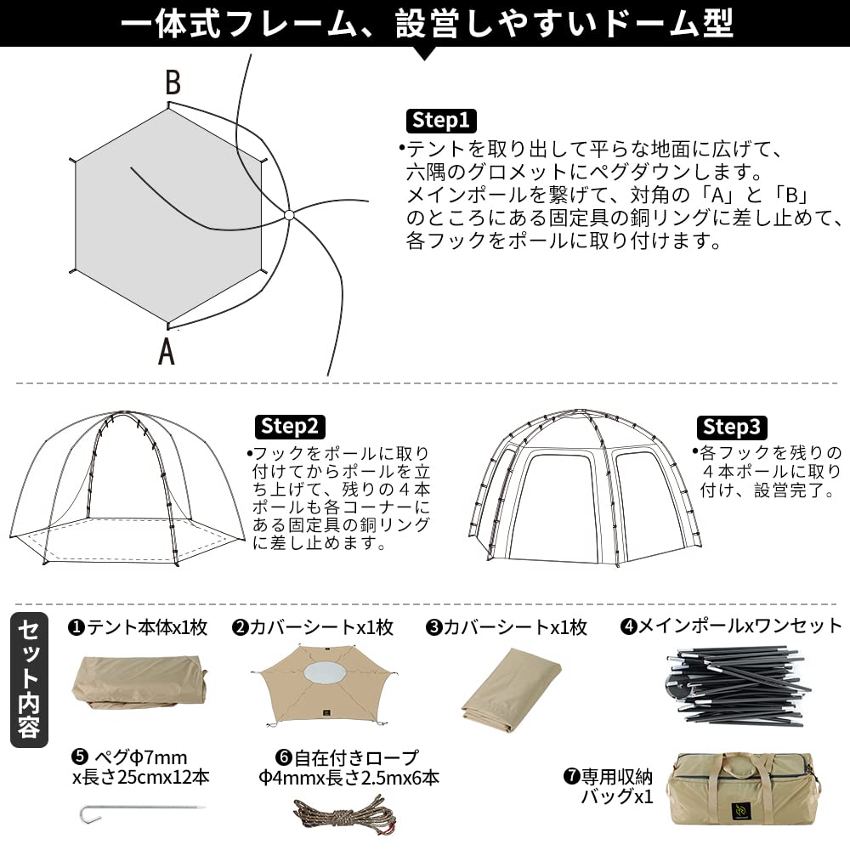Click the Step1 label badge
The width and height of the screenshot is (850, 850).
pos(440,121)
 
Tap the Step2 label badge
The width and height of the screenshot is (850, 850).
pos(289,426)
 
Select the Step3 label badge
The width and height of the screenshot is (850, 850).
pos(733,426)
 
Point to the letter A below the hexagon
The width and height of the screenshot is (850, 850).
pos(167,350)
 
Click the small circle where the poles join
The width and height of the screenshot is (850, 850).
pos(288,215)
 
